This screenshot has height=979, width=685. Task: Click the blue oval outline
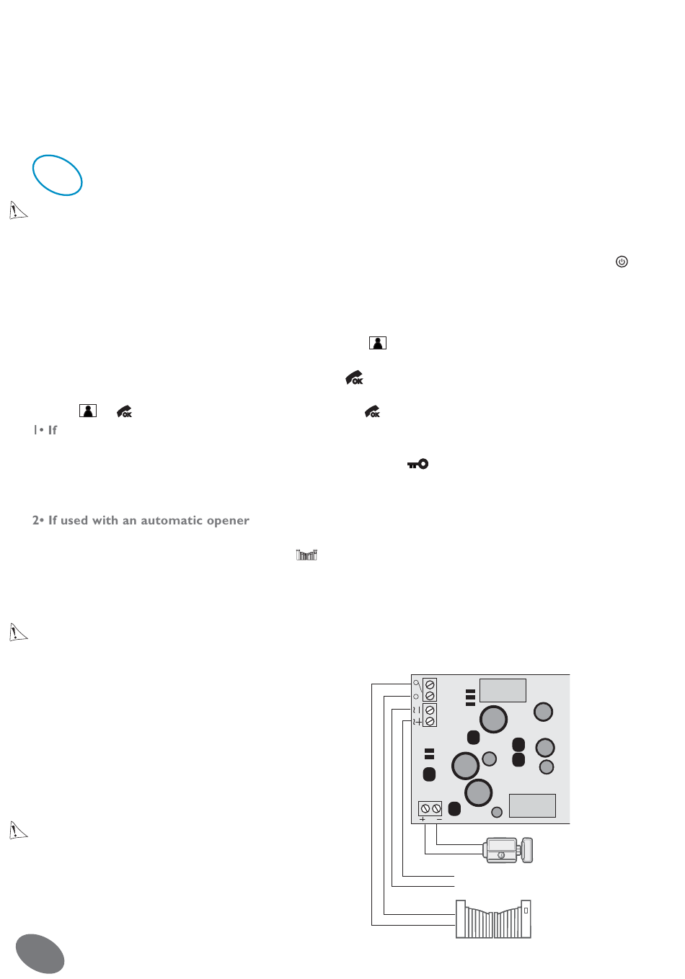point(57,175)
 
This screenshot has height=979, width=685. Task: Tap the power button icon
point(622,261)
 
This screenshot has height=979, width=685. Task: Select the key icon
point(417,464)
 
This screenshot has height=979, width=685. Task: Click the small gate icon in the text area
point(307,555)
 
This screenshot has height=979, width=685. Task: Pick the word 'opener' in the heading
point(227,520)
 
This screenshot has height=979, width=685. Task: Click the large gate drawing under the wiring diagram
point(493,919)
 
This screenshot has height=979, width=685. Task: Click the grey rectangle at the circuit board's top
point(503,690)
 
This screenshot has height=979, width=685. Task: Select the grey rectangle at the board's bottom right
point(532,805)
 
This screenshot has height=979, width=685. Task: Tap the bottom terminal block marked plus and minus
point(430,809)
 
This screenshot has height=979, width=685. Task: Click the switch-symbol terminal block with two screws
point(430,689)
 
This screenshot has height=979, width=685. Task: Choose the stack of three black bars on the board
point(470,697)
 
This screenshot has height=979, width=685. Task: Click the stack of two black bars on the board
point(429,754)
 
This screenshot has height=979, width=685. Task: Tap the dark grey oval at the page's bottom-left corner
point(40,954)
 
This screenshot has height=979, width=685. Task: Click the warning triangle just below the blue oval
point(18,210)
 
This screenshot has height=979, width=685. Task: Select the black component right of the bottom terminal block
point(454,808)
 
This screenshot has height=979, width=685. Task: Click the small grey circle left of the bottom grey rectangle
point(496,813)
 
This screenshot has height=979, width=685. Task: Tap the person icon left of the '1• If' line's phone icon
point(88,411)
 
